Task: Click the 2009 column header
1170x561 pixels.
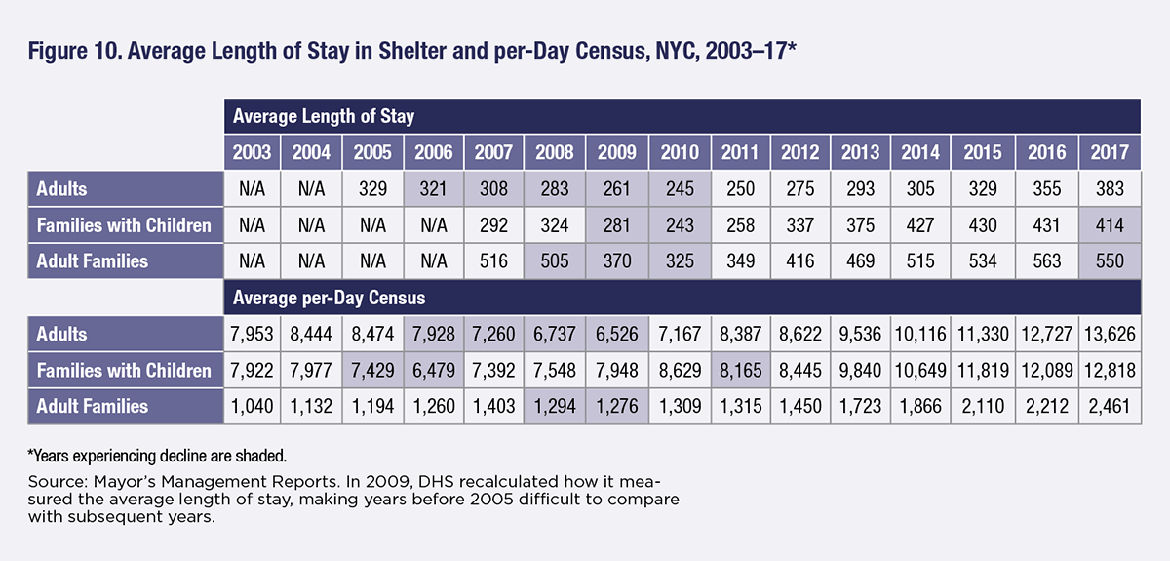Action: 616,152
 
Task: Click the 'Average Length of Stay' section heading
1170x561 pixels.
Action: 323,117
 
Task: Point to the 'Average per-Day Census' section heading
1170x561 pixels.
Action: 329,297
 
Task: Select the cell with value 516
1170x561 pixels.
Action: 494,261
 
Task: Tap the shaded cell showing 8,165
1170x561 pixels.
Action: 738,370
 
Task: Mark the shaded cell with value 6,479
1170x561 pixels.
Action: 433,370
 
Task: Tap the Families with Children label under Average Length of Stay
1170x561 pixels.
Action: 124,225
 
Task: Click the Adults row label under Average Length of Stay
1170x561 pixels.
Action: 62,188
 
